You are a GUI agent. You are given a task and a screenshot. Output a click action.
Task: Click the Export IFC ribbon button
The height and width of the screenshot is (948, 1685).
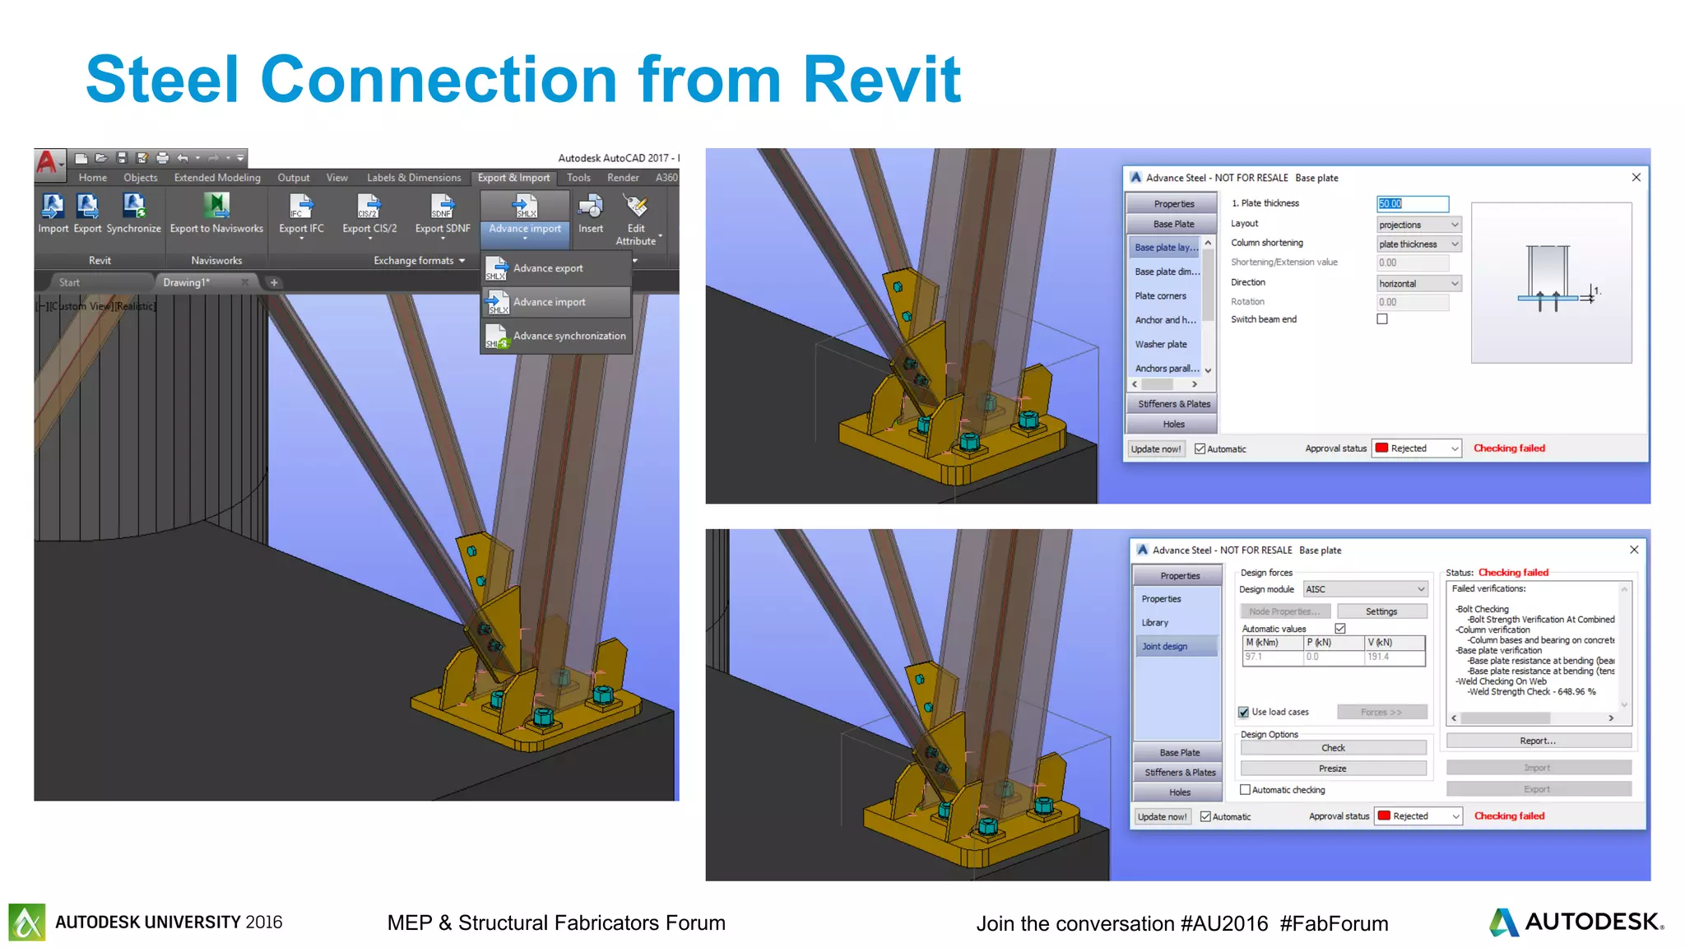pos(301,213)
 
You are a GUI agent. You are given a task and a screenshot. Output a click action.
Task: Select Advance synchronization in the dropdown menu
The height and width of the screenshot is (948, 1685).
pos(569,336)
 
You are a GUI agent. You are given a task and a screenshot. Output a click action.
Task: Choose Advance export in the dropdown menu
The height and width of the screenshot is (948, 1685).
pos(547,268)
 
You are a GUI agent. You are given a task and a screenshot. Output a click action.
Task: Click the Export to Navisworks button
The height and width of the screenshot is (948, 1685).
pos(216,213)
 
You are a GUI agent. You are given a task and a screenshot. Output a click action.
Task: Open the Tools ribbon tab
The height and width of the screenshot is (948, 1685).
pos(578,178)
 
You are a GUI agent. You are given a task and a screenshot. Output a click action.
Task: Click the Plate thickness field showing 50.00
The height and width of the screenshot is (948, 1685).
pos(1412,203)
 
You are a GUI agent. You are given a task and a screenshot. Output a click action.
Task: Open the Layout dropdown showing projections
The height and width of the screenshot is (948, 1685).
pos(1418,225)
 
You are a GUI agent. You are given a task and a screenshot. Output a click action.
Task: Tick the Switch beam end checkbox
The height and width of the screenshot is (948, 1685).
pos(1382,319)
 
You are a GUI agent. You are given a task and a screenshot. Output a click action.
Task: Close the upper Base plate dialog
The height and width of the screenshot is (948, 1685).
pos(1636,177)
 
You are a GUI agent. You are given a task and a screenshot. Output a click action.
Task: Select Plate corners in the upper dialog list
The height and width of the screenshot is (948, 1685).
pos(1160,296)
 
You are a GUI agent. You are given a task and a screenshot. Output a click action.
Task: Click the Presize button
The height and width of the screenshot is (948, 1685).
pos(1333,769)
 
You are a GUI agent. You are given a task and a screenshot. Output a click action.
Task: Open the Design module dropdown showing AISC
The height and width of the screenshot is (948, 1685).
pos(1365,589)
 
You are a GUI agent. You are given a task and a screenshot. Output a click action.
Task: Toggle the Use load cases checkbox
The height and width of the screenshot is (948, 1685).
pos(1244,712)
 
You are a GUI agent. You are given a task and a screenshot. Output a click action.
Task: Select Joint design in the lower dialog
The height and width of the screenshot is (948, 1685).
pos(1164,647)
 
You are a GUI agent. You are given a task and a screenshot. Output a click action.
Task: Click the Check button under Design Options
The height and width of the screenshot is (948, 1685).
pos(1333,748)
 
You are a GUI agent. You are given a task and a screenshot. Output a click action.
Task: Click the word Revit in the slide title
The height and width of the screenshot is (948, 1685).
pos(881,80)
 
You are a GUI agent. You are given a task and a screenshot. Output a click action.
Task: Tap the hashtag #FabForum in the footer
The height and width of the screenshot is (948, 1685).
pos(1334,924)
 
